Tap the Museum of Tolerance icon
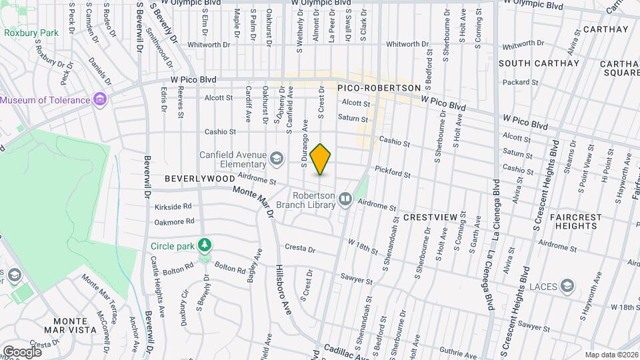point(100,100)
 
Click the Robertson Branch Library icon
point(345,198)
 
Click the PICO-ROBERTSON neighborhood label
point(379,88)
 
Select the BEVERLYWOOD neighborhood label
point(200,179)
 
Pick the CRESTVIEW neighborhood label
point(430,217)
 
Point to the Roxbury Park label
point(31,32)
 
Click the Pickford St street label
point(392,172)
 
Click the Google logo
point(22,352)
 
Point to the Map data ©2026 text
point(611,354)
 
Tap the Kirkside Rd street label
point(173,206)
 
